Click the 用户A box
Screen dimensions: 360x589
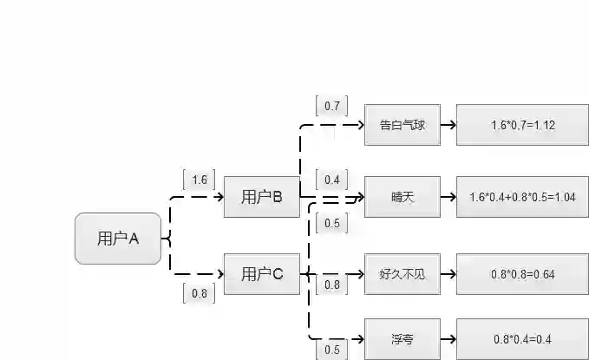click(x=118, y=238)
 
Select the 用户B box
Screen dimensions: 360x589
click(x=262, y=196)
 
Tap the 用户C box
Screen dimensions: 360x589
click(x=262, y=274)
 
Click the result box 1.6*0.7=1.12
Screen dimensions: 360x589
click(x=522, y=125)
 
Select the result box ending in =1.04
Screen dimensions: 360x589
click(x=522, y=197)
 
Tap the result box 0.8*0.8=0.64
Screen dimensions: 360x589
click(x=522, y=274)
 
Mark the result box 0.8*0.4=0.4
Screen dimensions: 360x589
click(x=522, y=338)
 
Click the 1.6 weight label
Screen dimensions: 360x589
click(x=199, y=180)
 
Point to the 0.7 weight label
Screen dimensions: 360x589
click(x=332, y=106)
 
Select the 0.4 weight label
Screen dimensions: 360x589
click(x=332, y=180)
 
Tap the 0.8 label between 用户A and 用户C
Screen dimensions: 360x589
click(x=199, y=293)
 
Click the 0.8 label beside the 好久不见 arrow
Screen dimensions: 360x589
click(x=332, y=284)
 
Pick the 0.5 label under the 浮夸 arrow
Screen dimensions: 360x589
click(x=332, y=350)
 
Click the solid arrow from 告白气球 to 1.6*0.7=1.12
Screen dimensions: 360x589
click(x=448, y=125)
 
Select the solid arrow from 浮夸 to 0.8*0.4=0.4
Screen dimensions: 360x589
click(x=448, y=338)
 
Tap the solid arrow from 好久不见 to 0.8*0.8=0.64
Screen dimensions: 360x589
click(x=448, y=274)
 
